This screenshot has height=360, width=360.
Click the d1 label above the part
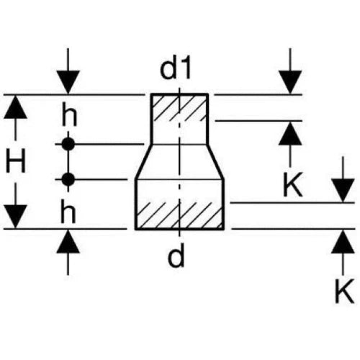[176, 68]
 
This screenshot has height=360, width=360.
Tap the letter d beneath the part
[176, 255]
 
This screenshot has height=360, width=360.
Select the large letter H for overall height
[16, 161]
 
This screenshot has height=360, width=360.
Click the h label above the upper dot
[69, 114]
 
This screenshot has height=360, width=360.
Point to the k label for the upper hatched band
[293, 184]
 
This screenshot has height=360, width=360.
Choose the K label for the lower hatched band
[345, 291]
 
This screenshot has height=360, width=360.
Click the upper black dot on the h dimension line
[68, 144]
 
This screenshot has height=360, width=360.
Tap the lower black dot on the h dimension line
[68, 179]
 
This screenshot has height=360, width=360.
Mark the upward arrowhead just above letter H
[15, 107]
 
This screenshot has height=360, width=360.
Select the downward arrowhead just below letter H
[15, 217]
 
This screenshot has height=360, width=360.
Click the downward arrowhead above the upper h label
[68, 82]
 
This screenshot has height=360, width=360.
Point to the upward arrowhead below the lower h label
[68, 241]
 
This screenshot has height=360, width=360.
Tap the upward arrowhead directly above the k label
[290, 133]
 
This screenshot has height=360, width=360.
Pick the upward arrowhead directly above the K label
[343, 241]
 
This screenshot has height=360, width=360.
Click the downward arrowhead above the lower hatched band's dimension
[343, 190]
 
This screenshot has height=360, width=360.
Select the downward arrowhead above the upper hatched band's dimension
[290, 82]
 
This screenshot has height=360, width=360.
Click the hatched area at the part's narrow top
[179, 108]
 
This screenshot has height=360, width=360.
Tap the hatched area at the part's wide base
[179, 215]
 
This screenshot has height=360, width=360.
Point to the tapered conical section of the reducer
[179, 162]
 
